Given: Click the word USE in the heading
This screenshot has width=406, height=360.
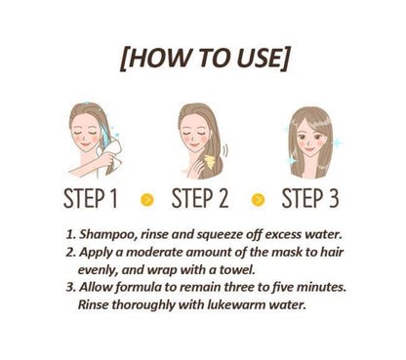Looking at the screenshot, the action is tap(262, 58).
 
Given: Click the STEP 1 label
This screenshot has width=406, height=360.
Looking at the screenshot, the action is tap(91, 198).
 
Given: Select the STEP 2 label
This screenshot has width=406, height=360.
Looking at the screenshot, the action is tap(200, 198).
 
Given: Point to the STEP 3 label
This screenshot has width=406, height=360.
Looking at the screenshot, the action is tap(310, 198).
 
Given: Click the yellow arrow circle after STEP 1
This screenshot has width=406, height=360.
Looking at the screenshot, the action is tap(147, 199).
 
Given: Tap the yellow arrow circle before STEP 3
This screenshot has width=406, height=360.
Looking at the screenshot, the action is tap(258, 199).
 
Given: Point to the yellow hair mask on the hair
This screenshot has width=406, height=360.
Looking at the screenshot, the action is tap(210, 162).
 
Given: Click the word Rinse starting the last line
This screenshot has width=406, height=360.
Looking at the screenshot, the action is tap(94, 304).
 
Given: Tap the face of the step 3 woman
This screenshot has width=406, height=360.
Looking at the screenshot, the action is tap(310, 140).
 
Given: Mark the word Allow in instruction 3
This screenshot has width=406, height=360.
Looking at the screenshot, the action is tap(96, 287).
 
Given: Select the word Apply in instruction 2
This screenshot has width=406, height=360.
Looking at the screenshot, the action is tap(96, 253).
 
